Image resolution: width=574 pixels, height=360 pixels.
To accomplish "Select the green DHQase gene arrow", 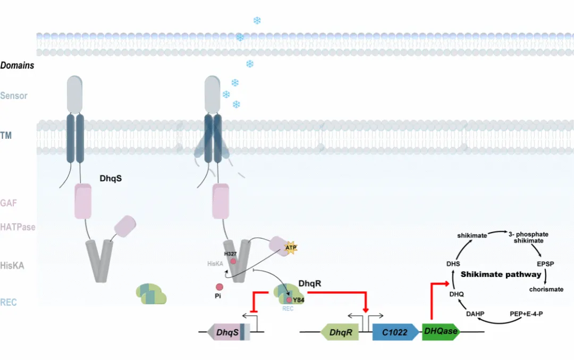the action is pos(441,331).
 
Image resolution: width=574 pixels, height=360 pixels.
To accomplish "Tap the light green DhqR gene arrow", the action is pos(340,332).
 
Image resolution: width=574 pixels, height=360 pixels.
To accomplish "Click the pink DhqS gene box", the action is pos(229,332).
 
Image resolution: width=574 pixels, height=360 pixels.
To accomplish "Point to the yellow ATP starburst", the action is pos(291,248).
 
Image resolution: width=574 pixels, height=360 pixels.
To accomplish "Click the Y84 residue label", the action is pos(299,300).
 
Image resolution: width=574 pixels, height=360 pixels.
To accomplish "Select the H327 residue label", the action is pos(230,254).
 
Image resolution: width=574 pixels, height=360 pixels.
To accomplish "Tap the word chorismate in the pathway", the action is pos(546,289).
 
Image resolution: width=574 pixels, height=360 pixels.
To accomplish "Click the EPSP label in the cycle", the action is pos(545,264).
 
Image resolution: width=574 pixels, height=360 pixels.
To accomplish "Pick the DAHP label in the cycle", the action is pos(475,314).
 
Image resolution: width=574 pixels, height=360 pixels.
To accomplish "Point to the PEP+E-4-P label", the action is pos(526,314).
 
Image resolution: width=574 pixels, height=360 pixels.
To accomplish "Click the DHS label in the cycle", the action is pos(453,264).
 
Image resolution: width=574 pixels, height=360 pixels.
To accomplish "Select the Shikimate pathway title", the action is pos(501,274).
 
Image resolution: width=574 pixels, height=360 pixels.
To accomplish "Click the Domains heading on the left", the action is pos(17,65).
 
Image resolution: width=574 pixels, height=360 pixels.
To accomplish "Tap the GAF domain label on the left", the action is pos(9,203).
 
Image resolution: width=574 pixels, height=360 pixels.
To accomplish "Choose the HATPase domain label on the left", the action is pos(18,227).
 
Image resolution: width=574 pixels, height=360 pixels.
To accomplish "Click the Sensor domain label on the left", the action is pos(14,96).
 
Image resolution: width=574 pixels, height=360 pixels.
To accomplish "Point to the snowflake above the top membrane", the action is pos(257,21).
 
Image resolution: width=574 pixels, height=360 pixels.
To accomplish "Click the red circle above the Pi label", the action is pos(220,287).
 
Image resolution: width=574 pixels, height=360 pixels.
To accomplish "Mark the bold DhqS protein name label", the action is pos(111,178).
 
